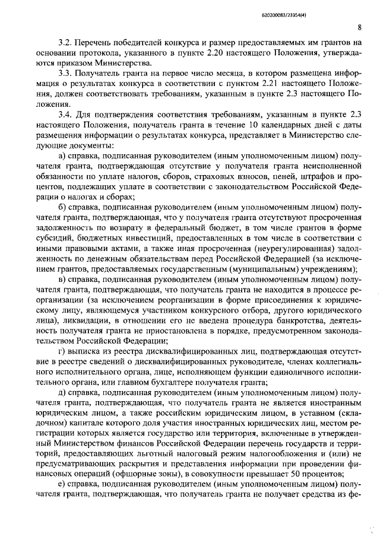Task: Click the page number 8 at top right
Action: click(x=360, y=27)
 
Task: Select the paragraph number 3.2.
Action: click(x=65, y=43)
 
